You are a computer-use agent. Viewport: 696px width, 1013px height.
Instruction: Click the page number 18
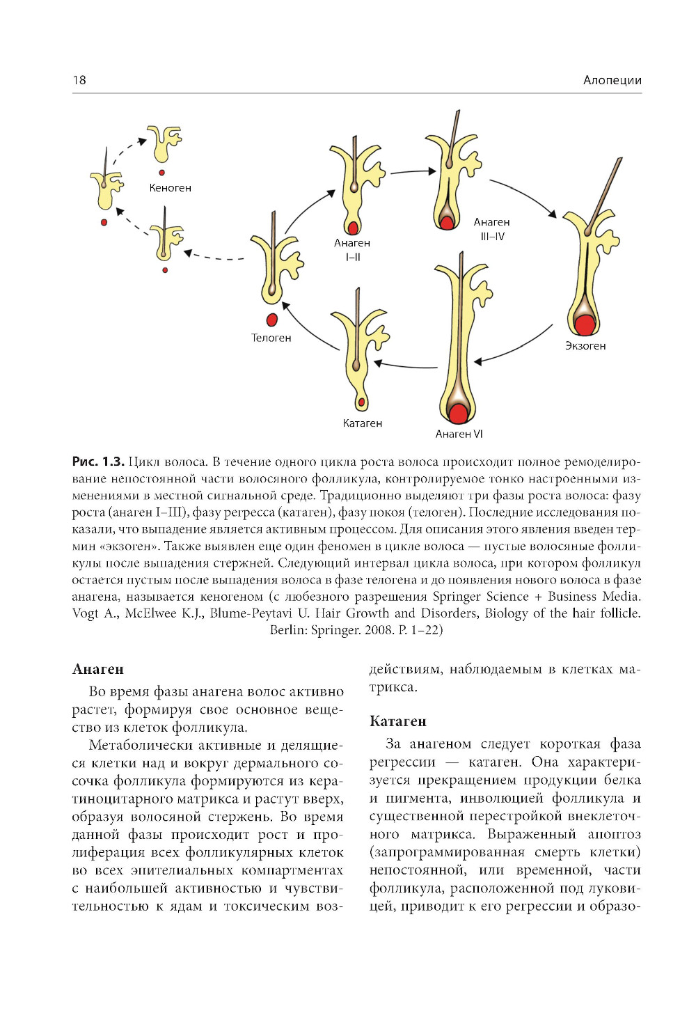click(79, 80)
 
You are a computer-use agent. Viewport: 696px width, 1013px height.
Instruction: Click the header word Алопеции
click(612, 80)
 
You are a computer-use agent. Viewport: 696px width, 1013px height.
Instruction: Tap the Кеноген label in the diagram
click(170, 188)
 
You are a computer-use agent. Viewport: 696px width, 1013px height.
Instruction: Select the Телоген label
click(271, 338)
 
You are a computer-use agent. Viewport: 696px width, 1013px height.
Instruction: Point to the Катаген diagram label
click(362, 423)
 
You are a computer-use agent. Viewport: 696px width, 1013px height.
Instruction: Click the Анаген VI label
click(459, 434)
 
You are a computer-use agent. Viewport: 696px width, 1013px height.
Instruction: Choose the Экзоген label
click(585, 346)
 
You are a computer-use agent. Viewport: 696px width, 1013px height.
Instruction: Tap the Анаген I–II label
click(352, 250)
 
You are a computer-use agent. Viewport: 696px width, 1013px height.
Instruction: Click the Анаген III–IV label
click(491, 229)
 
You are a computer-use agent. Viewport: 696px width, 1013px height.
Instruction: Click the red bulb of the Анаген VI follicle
click(458, 414)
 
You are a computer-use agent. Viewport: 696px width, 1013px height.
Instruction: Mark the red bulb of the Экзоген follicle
click(585, 324)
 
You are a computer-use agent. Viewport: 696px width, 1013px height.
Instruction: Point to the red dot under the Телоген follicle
click(272, 320)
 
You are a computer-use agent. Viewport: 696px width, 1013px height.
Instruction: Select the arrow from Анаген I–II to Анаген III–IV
click(412, 171)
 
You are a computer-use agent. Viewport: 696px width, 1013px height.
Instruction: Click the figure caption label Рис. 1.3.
click(98, 462)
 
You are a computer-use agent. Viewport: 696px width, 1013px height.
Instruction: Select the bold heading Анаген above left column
click(98, 670)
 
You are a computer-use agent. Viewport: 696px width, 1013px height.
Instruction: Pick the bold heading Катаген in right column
click(397, 721)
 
